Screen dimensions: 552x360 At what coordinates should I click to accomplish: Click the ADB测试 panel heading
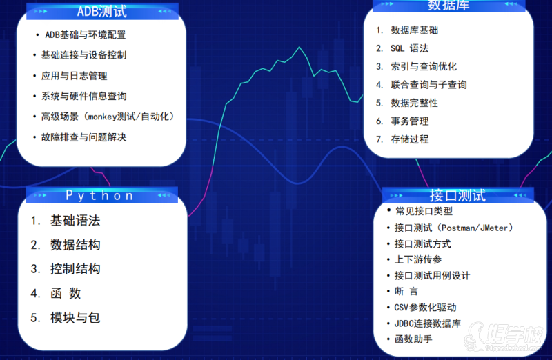[x=101, y=12]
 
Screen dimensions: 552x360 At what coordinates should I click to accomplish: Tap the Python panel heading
[x=99, y=196]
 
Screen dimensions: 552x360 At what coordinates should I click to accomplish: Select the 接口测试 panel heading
[x=457, y=196]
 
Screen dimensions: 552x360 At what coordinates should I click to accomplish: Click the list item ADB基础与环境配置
[x=86, y=35]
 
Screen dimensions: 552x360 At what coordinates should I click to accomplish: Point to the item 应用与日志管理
[x=75, y=76]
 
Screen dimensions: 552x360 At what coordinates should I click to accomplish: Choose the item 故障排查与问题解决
[x=83, y=137]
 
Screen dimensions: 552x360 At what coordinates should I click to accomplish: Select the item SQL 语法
[x=410, y=48]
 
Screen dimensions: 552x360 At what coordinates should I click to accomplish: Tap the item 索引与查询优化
[x=424, y=66]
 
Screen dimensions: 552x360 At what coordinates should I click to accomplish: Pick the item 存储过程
[x=410, y=139]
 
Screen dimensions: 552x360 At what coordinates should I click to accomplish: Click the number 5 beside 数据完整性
[x=379, y=103]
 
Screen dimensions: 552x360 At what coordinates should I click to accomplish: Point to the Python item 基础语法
[x=75, y=221]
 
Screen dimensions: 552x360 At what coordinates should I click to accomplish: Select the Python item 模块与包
[x=75, y=318]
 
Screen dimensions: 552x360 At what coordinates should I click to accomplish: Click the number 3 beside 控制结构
[x=35, y=269]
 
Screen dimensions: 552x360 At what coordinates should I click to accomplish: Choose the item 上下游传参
[x=418, y=260]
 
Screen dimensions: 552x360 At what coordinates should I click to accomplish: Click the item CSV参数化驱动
[x=425, y=307]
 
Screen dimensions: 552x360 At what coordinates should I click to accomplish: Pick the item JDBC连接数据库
[x=427, y=323]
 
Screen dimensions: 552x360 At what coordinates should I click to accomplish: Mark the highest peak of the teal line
[x=299, y=46]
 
